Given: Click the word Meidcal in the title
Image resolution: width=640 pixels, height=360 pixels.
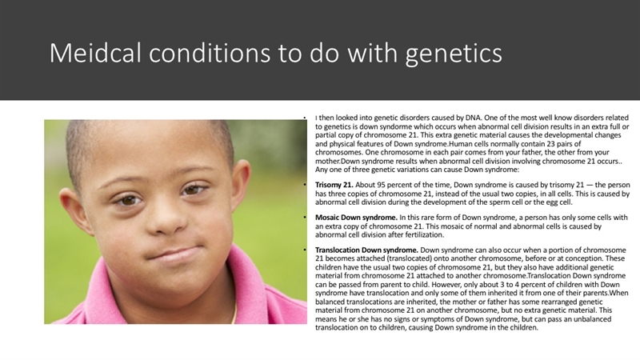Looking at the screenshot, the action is point(95,53).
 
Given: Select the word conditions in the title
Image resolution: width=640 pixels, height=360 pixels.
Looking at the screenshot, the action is point(210,53).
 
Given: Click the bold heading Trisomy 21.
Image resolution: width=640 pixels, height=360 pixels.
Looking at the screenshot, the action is point(334,185).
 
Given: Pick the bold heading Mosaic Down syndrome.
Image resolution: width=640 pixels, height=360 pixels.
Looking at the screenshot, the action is point(356,218).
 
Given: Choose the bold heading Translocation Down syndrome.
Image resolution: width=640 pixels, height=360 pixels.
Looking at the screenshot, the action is point(366,250).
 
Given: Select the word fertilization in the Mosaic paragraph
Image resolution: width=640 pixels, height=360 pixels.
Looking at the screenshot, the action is point(423,234).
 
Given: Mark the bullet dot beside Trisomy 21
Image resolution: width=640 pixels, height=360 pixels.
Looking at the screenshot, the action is point(305,185).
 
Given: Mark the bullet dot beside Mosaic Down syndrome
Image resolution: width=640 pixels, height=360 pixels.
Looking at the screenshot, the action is point(305,218).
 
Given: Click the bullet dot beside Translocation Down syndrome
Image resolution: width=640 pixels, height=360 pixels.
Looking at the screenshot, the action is point(305,250).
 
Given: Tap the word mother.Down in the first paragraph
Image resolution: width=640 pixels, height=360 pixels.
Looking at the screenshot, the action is point(336,162).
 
